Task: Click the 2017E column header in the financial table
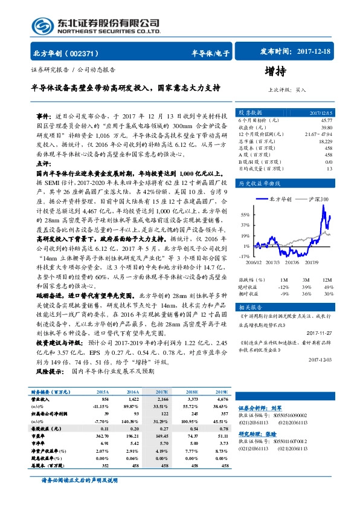[x=162, y=392]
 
